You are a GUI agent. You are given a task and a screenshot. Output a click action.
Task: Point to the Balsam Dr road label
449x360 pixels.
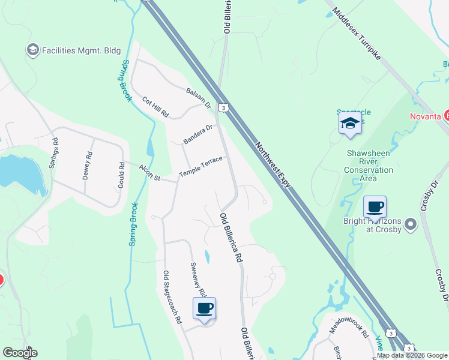[199, 98]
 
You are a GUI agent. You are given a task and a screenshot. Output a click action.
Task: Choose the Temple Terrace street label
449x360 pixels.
[201, 167]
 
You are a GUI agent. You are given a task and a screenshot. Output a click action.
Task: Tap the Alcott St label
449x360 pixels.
[150, 173]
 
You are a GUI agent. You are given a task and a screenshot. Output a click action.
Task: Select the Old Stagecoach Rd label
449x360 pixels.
[172, 298]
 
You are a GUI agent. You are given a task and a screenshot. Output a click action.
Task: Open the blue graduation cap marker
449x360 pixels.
[351, 124]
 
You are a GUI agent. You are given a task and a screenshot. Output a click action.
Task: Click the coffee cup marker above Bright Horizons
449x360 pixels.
[375, 208]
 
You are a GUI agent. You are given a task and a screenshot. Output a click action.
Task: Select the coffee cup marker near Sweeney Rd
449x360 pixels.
[204, 309]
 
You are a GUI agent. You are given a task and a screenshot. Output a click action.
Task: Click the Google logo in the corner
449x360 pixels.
[20, 353]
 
